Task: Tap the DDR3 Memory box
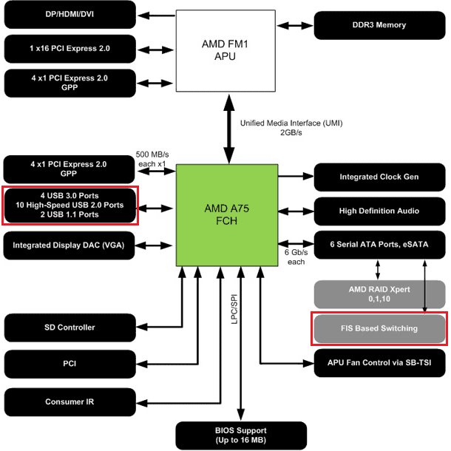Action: tap(380, 24)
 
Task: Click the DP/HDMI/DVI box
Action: tap(69, 14)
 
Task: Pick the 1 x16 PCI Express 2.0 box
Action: tap(69, 48)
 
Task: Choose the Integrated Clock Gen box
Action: tap(380, 177)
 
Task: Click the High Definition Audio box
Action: tap(380, 211)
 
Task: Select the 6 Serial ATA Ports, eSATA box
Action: tap(380, 244)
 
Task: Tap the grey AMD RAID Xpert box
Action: tap(380, 294)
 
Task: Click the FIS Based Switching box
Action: tap(380, 328)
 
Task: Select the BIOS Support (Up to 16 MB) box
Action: tap(241, 434)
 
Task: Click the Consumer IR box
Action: tap(69, 401)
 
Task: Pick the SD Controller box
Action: tap(69, 328)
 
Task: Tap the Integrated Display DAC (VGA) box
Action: tap(69, 245)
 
